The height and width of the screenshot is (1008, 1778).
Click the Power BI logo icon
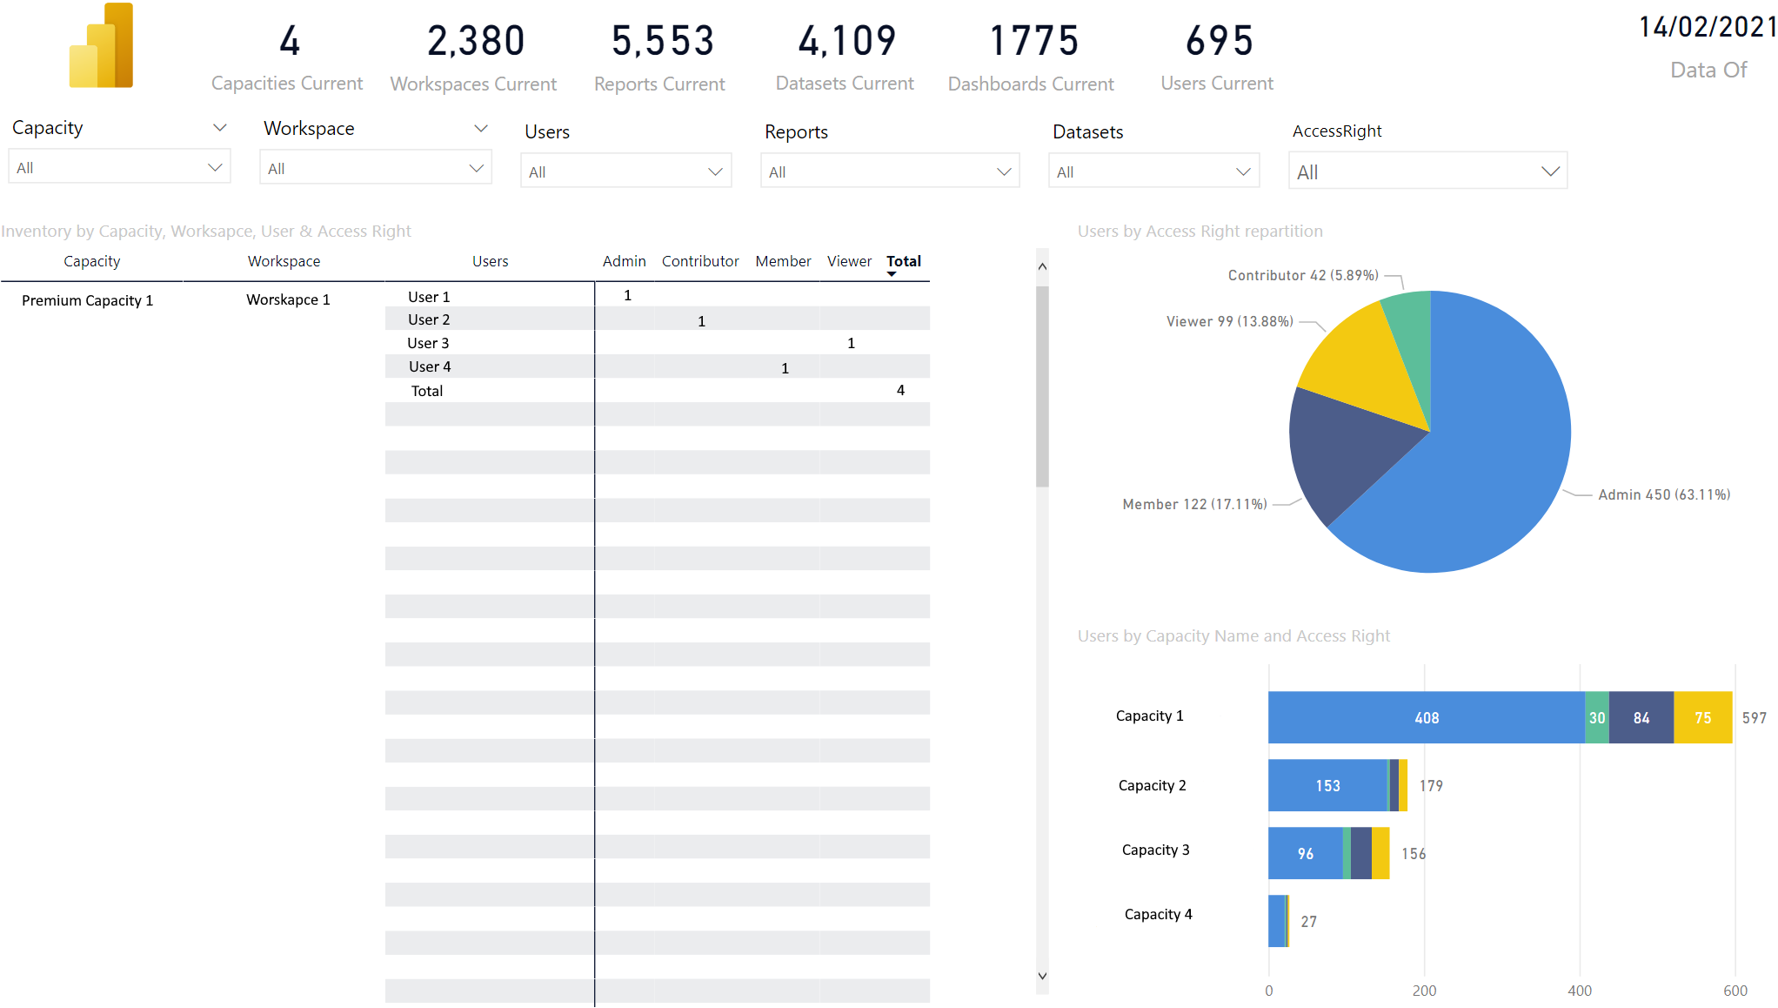(101, 45)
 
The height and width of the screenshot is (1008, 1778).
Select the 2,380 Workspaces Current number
(476, 41)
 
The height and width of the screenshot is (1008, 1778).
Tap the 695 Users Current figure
(1220, 41)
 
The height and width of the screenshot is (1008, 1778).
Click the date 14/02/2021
(1708, 27)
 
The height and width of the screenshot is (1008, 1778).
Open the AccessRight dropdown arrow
(1550, 171)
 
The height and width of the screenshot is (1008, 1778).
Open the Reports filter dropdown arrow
(1004, 171)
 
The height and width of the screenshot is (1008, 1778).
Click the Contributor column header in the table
(700, 261)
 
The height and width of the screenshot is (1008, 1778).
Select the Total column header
(904, 261)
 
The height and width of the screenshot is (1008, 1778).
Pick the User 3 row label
(428, 343)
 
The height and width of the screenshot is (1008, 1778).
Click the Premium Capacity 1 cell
(87, 300)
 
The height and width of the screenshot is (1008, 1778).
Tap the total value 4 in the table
(900, 390)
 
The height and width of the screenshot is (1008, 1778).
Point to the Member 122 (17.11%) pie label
(1194, 504)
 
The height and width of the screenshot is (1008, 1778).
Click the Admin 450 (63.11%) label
(1664, 494)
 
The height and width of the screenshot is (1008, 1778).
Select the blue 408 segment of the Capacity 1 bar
(1427, 717)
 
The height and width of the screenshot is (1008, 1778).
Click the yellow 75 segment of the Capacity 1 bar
(1703, 717)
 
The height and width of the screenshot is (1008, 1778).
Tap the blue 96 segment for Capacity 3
(1306, 853)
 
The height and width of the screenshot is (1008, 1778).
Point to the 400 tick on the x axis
(1580, 991)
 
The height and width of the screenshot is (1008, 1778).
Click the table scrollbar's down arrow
(1042, 976)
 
